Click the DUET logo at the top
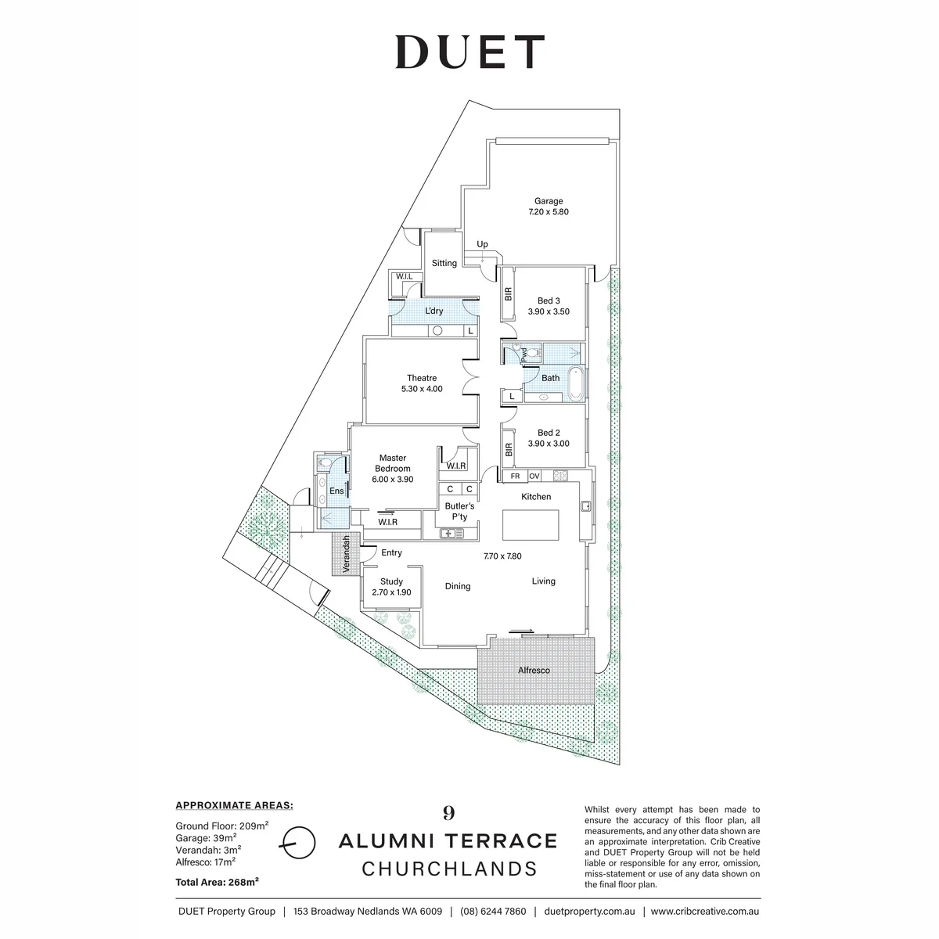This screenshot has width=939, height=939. (x=469, y=52)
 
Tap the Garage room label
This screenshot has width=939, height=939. (x=549, y=201)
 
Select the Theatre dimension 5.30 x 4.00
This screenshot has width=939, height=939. (x=422, y=389)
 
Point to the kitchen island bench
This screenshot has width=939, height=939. (x=531, y=525)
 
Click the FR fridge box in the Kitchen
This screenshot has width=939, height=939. (x=515, y=476)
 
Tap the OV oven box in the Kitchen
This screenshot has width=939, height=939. (x=534, y=476)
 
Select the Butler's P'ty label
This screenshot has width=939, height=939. (x=459, y=511)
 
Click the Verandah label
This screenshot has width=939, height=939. (x=347, y=554)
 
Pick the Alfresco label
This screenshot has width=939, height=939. (x=534, y=671)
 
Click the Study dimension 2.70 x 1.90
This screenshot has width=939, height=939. (x=391, y=592)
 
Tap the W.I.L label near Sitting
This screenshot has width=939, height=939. (x=404, y=276)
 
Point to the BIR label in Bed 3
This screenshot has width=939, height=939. (x=509, y=294)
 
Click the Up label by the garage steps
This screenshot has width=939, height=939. (x=482, y=244)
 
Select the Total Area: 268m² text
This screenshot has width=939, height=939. (x=217, y=882)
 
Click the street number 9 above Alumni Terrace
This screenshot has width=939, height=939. (x=449, y=813)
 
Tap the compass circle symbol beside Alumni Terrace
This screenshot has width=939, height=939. (x=298, y=843)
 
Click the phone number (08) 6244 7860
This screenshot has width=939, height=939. (x=493, y=912)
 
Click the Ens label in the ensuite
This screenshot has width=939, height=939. (x=336, y=491)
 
